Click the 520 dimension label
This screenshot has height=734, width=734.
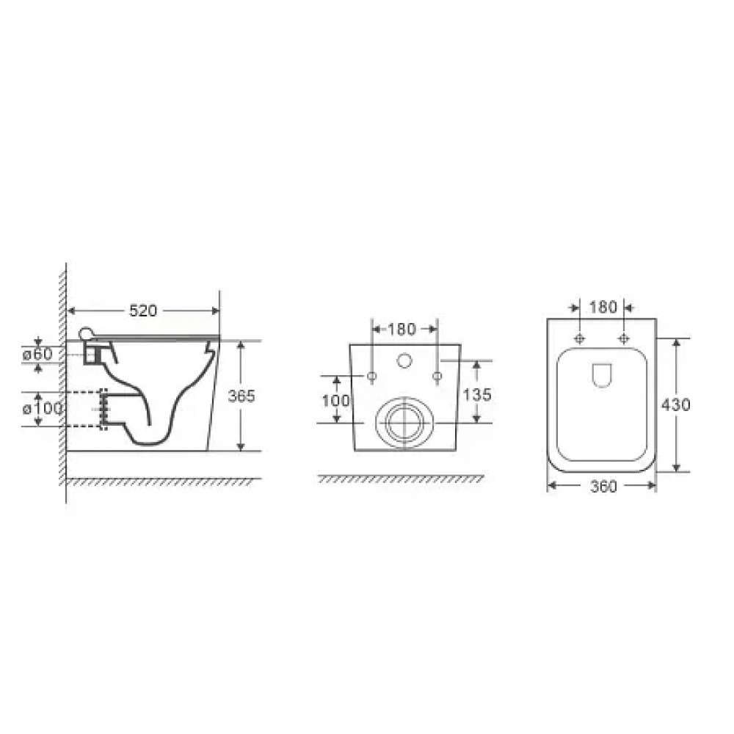point(143,310)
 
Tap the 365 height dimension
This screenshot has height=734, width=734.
point(241,396)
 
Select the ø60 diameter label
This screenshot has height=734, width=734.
point(38,354)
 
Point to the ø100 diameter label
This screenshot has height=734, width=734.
point(43,409)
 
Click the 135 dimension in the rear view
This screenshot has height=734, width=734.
point(478,395)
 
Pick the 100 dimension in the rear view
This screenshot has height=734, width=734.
point(335,400)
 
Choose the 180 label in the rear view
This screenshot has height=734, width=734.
point(401,330)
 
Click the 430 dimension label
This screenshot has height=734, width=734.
point(675,404)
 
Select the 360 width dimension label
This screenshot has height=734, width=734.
point(603,487)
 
